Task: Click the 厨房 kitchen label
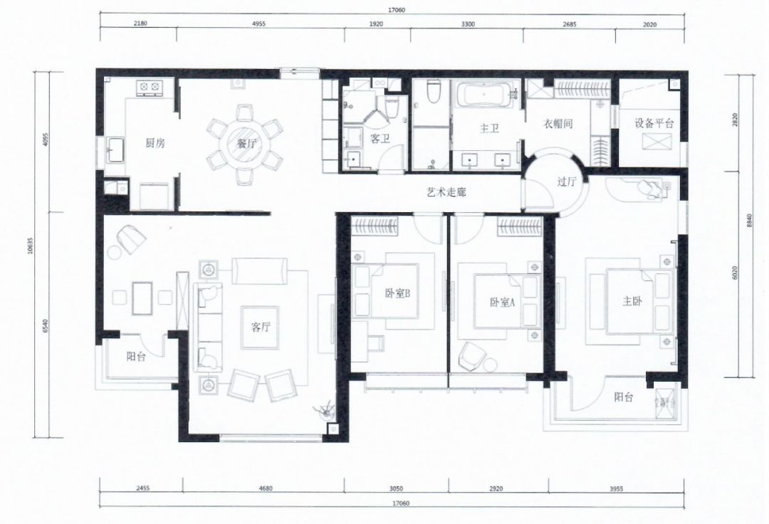tap(155, 143)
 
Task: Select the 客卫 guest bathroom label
tap(380, 139)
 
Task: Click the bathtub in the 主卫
tap(484, 95)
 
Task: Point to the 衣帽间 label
tap(558, 124)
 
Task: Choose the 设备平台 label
tap(654, 123)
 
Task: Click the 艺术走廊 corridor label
tap(446, 193)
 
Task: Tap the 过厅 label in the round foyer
tap(566, 182)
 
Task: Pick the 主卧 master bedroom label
tap(632, 301)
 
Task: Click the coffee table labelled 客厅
tap(260, 327)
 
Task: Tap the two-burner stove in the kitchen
tap(150, 88)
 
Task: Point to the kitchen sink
tap(115, 149)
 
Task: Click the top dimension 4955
tap(258, 24)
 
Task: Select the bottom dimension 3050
tap(397, 488)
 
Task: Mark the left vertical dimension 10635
tap(31, 245)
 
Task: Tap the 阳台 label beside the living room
tap(136, 357)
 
